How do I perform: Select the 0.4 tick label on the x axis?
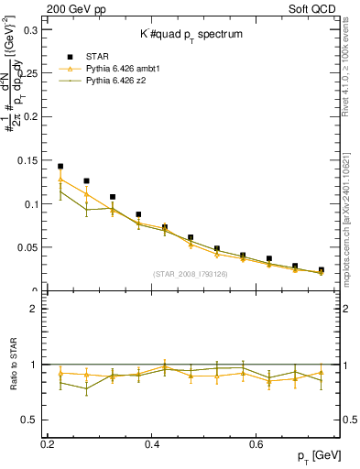click(x=154, y=444)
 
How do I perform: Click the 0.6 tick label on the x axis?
click(x=259, y=444)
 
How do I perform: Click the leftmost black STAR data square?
click(x=60, y=167)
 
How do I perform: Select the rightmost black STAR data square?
click(x=321, y=270)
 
